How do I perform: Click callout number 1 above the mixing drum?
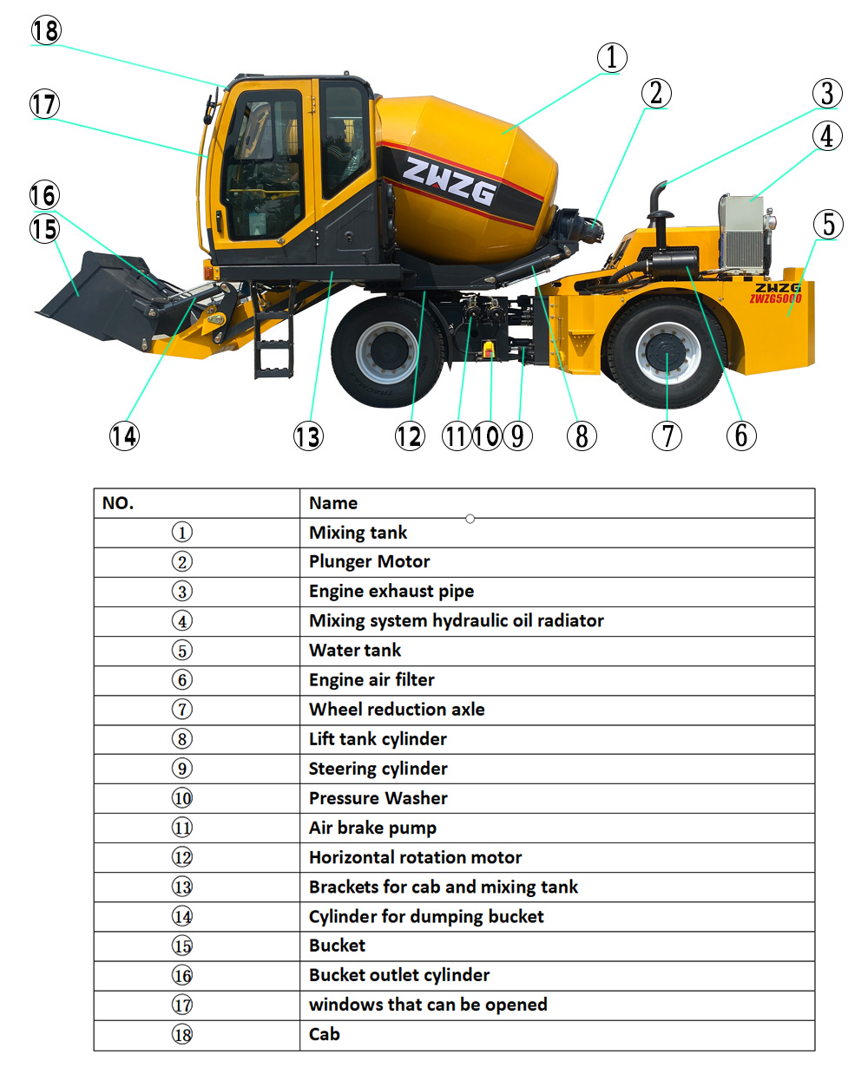click(x=612, y=58)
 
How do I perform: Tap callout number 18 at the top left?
click(x=46, y=30)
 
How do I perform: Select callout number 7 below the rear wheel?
click(x=667, y=435)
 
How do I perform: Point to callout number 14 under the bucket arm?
click(x=124, y=435)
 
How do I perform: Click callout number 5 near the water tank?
click(x=828, y=224)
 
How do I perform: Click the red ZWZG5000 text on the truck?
click(x=775, y=299)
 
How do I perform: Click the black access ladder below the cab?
click(x=273, y=343)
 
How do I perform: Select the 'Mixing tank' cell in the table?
click(x=358, y=533)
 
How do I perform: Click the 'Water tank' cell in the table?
click(x=355, y=651)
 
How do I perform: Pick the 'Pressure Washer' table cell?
click(x=378, y=798)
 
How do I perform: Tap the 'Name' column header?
click(x=333, y=503)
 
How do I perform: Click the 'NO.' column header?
click(x=118, y=503)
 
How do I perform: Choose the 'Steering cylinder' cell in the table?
click(x=378, y=769)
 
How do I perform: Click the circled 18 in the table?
click(x=182, y=1034)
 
